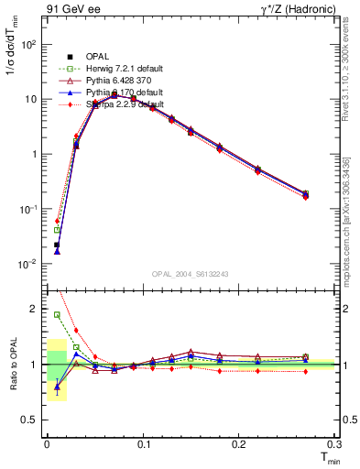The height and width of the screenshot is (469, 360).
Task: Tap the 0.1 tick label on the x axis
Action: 143,444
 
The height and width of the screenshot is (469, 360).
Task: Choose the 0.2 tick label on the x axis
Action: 239,444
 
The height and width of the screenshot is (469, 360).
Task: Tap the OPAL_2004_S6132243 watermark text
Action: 190,274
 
